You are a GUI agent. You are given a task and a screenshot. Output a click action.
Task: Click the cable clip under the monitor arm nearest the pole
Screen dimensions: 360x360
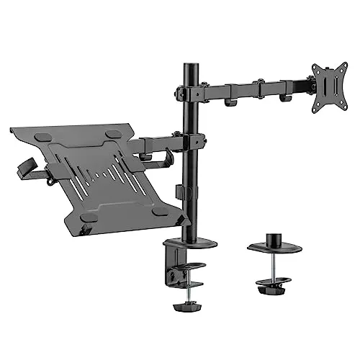(230, 103)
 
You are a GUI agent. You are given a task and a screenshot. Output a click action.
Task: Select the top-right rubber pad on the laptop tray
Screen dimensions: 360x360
(113, 135)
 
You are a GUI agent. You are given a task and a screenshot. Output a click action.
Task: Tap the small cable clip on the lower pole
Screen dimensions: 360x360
(179, 192)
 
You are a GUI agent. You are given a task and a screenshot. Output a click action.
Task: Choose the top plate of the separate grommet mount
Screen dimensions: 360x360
(274, 247)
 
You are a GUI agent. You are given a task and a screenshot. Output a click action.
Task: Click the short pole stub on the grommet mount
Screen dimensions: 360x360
(274, 237)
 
